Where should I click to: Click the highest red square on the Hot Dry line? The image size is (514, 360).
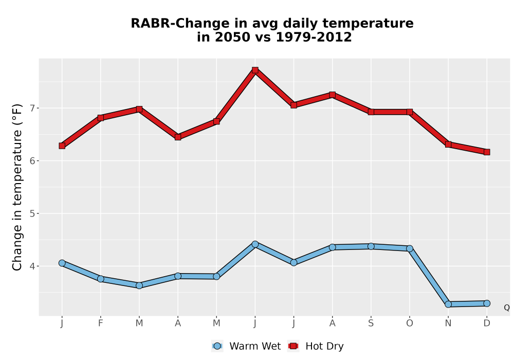(x=255, y=70)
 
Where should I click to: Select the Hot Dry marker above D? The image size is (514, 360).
(x=487, y=152)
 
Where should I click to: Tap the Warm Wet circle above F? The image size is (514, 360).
(x=101, y=279)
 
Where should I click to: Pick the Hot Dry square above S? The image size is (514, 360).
(x=371, y=112)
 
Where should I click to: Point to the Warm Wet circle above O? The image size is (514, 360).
(x=410, y=248)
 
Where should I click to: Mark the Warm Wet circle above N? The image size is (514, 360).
(x=448, y=304)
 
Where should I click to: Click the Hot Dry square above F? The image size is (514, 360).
(x=101, y=118)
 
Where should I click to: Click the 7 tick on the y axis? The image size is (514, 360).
(x=32, y=108)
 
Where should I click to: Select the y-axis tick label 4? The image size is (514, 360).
(x=32, y=266)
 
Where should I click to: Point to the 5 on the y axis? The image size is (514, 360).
(x=32, y=213)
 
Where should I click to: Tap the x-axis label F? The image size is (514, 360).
(x=101, y=323)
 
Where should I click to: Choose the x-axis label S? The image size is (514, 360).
(x=371, y=323)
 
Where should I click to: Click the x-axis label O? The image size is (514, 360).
(x=410, y=323)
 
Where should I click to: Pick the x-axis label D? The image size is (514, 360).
(x=487, y=323)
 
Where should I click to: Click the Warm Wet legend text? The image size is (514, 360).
(x=255, y=346)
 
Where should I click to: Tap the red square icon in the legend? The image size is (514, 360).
(x=293, y=346)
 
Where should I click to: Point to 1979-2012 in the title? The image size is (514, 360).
(x=314, y=37)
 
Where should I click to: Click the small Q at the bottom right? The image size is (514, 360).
(x=507, y=308)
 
